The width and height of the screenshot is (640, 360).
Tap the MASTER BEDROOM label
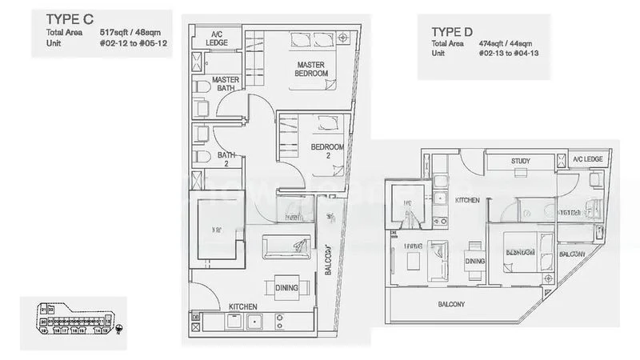pyautogui.click(x=312, y=69)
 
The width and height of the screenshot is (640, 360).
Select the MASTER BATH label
pyautogui.click(x=225, y=83)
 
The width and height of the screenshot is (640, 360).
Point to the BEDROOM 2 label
pyautogui.click(x=328, y=151)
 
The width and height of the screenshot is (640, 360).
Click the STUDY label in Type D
pyautogui.click(x=520, y=162)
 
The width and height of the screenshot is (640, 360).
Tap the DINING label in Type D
pyautogui.click(x=475, y=261)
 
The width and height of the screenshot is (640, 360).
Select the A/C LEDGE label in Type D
pyautogui.click(x=588, y=160)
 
